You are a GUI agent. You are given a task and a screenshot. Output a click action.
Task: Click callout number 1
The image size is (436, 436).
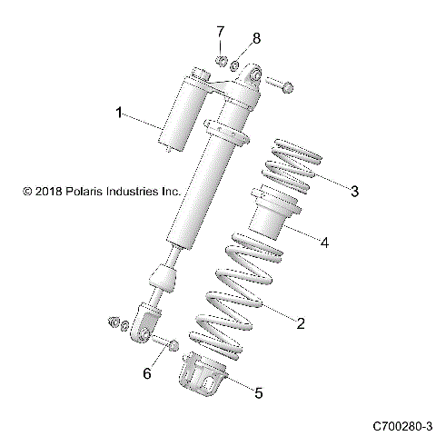(x=118, y=114)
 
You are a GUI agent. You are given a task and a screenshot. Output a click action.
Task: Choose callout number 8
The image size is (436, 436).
(x=256, y=37)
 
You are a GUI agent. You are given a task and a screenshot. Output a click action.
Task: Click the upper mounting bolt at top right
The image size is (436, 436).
(x=281, y=84)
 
